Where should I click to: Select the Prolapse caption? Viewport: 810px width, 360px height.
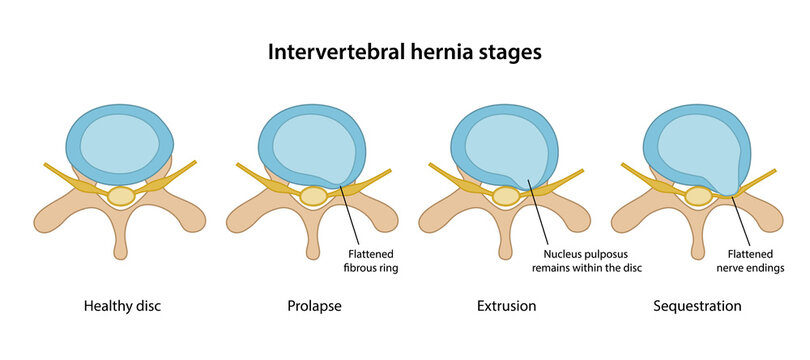tap(314, 306)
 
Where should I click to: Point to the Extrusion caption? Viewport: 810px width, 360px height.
tap(507, 306)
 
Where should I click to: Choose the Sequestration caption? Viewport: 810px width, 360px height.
tap(697, 306)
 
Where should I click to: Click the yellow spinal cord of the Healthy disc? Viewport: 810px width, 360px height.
tap(121, 196)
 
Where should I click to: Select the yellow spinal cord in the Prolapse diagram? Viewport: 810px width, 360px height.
tap(314, 196)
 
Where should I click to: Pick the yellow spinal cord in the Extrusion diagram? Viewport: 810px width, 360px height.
tap(506, 196)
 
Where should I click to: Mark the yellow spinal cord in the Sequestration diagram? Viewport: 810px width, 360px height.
tap(698, 196)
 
